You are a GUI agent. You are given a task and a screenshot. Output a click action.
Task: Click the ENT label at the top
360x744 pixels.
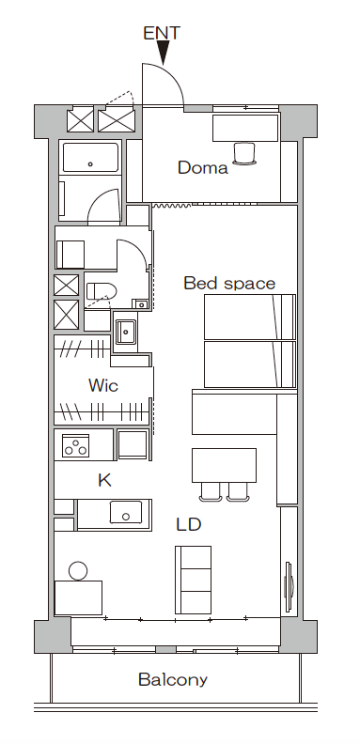pos(162,33)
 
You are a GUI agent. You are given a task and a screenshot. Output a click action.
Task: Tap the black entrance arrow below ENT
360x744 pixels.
pos(163,53)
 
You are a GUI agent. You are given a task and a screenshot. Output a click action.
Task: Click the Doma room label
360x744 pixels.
pos(203,167)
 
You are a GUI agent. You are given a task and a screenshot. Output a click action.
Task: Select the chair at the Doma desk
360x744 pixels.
pos(244,154)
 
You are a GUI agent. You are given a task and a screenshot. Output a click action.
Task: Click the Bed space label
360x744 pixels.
pos(229,284)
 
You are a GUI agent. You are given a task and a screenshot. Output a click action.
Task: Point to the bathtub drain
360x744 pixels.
pos(90,164)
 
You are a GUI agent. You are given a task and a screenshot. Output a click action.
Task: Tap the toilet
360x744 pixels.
pos(102,291)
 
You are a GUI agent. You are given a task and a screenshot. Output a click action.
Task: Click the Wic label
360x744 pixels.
pos(103,385)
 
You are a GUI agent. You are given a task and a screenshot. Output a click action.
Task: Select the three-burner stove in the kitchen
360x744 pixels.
pos(75,446)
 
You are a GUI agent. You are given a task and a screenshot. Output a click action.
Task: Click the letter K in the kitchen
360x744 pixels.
pos(104,480)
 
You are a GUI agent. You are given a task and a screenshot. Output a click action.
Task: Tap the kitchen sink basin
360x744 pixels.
pos(126,513)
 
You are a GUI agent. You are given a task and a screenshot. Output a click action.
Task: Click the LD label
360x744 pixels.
pos(189,524)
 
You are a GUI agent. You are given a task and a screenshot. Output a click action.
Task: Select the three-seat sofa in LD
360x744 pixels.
pos(194,580)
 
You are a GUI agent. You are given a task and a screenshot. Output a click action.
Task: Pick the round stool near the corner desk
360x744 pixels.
pos(78,571)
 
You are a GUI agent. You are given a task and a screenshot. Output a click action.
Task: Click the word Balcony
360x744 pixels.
pos(173,680)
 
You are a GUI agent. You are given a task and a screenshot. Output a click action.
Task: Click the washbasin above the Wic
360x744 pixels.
pos(126,332)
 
